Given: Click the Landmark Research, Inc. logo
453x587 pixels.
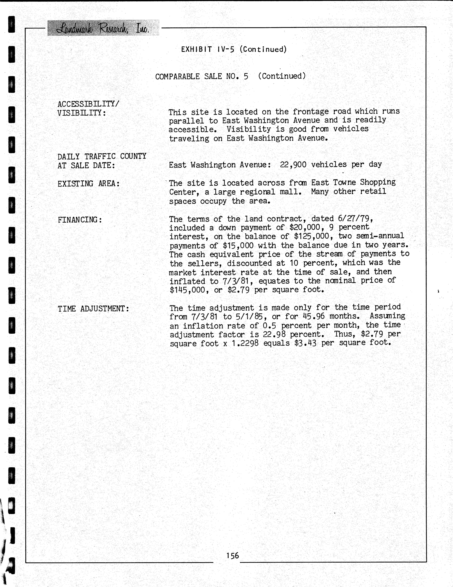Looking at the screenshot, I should click(x=103, y=28).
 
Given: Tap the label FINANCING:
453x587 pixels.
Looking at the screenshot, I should click(x=80, y=220).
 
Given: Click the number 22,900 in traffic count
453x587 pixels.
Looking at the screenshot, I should click(x=293, y=164).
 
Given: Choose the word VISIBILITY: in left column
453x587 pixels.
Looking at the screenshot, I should click(x=82, y=113).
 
